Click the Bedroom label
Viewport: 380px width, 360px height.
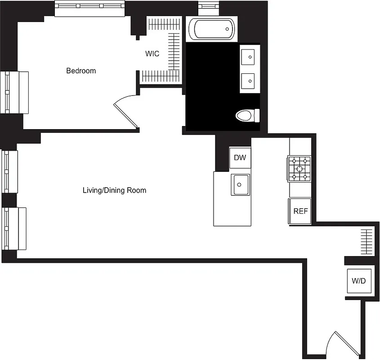(81, 71)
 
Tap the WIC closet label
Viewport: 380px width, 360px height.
(152, 54)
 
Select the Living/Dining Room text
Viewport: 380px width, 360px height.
(114, 190)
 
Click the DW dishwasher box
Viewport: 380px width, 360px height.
(240, 157)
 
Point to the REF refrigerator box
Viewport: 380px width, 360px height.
(300, 211)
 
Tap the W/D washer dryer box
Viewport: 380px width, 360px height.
(358, 281)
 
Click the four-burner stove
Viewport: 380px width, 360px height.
(300, 169)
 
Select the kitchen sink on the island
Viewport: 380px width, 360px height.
(241, 184)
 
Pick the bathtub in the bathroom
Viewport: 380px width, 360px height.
(211, 29)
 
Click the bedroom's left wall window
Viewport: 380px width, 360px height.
(16, 92)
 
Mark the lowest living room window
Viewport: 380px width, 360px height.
(15, 228)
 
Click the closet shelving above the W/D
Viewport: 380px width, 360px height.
(367, 242)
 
